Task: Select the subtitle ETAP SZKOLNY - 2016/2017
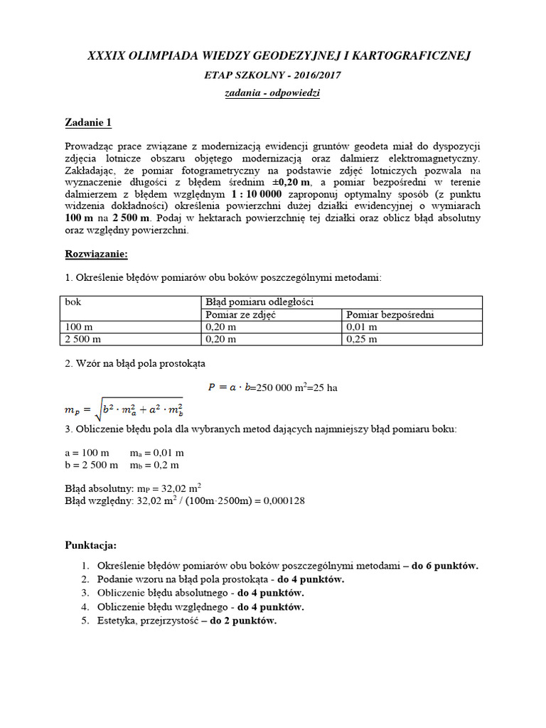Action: [273, 75]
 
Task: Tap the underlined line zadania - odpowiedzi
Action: [273, 93]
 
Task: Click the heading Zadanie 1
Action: [89, 122]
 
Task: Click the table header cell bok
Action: [73, 302]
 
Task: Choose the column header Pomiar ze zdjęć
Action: [240, 314]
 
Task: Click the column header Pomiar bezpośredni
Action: [390, 314]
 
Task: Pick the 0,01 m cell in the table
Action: [361, 327]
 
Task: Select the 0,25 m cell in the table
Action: [361, 339]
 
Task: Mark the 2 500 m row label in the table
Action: [82, 339]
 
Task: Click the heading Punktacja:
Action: [90, 545]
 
